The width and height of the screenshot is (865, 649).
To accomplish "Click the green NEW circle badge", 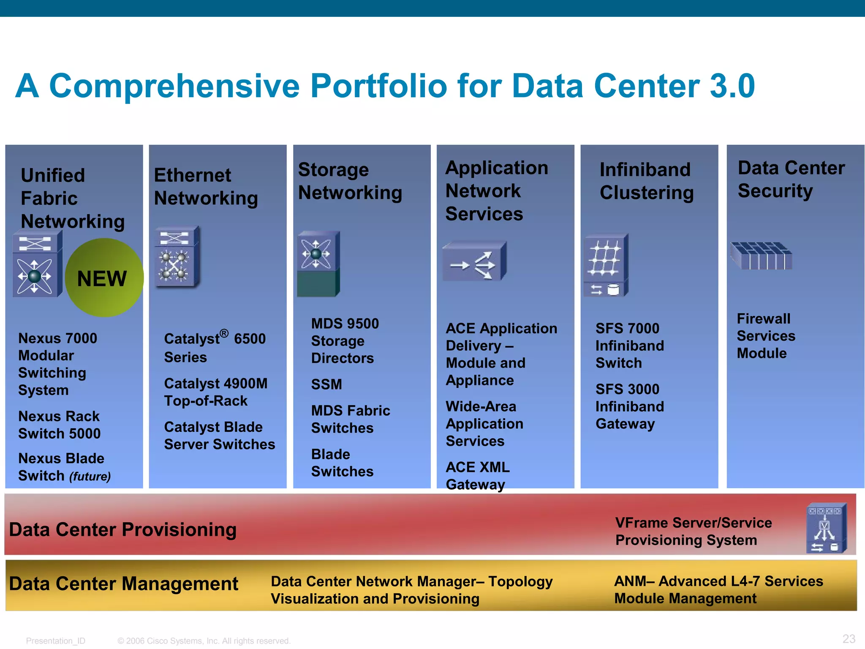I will point(104,278).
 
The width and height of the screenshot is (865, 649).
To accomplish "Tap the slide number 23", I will point(849,638).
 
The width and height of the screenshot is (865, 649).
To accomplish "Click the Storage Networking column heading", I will point(350,181).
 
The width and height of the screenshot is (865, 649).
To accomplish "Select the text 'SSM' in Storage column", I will point(326,384).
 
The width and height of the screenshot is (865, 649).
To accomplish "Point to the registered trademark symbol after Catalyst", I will point(224,334).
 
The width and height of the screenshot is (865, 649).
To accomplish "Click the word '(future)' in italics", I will point(90,477).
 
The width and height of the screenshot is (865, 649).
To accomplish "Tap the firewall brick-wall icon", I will point(761,256).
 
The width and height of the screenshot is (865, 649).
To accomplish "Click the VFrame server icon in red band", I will point(826,528).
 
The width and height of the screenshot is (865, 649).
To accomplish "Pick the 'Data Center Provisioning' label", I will point(122,529).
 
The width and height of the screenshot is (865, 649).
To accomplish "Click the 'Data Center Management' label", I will point(123,584).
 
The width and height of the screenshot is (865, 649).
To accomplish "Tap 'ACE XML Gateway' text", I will point(477,476).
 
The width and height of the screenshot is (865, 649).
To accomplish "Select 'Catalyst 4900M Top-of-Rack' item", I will point(215,392).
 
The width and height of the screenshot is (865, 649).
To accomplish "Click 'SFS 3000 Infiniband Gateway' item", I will point(629,406).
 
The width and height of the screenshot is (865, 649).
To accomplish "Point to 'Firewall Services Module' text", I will point(765,336).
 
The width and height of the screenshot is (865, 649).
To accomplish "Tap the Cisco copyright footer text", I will point(204,641).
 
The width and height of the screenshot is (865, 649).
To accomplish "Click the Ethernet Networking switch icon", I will point(177,257).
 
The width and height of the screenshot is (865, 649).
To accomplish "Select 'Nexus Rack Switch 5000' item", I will point(59,425).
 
